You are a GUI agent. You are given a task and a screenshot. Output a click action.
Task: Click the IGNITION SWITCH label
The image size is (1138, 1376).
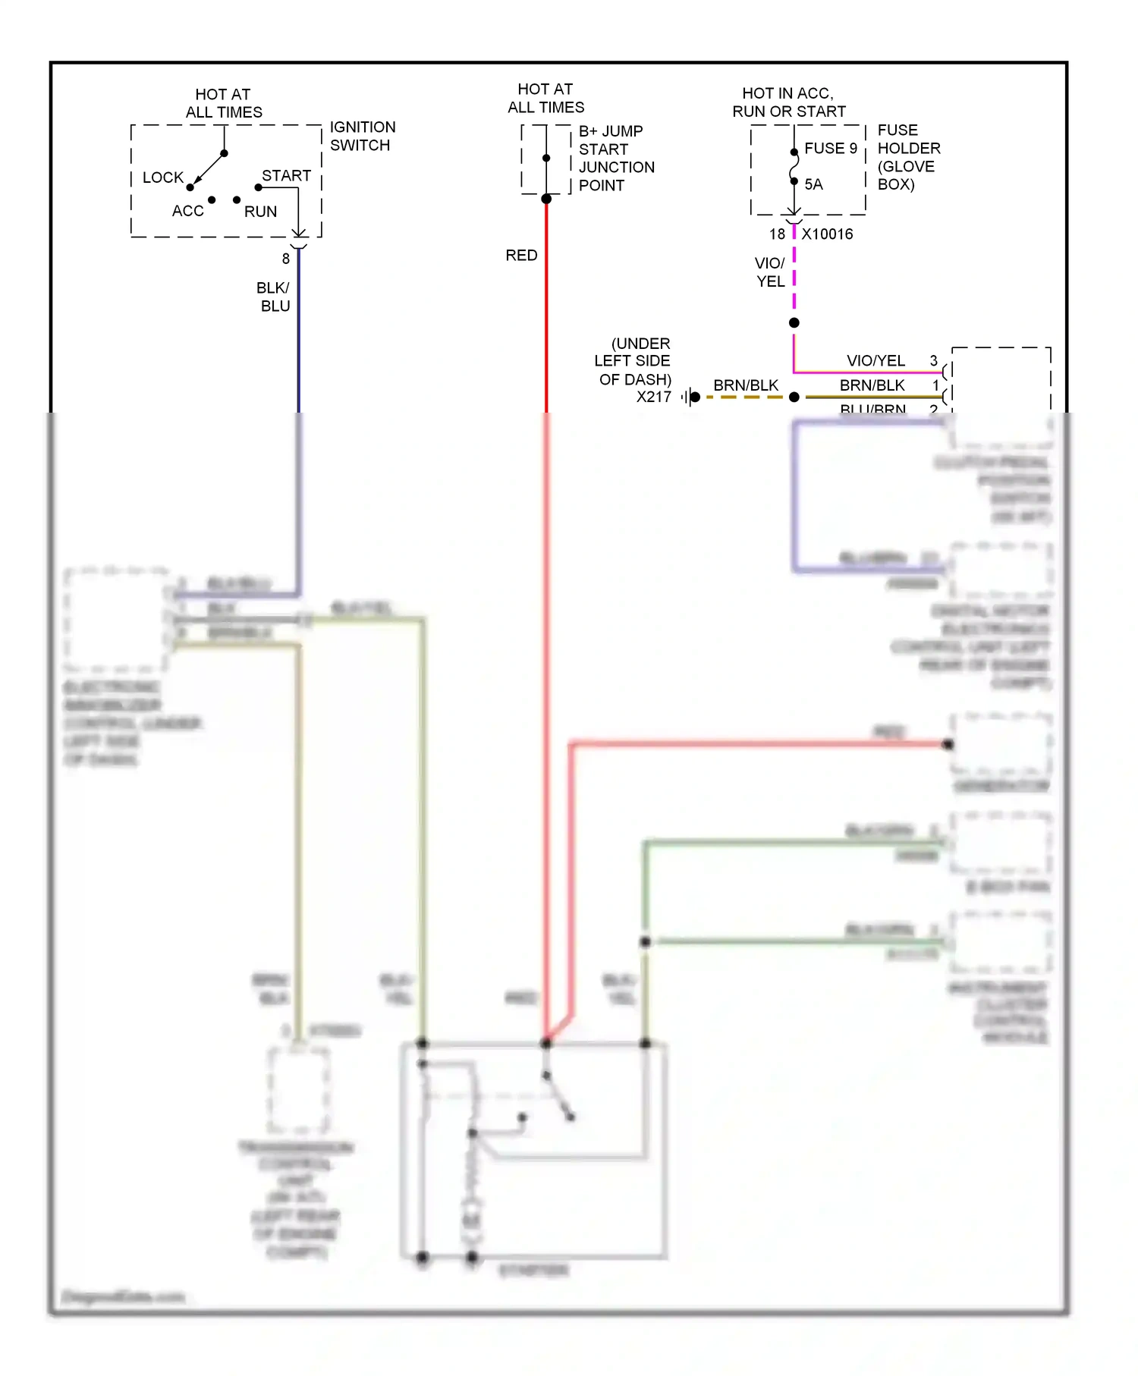pyautogui.click(x=362, y=136)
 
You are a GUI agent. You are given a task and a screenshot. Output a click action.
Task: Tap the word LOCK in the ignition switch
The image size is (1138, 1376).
pyautogui.click(x=163, y=177)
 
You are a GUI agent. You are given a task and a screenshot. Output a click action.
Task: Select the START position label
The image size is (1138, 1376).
pyautogui.click(x=286, y=175)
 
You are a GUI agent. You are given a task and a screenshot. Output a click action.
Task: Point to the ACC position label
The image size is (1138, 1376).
pyautogui.click(x=187, y=211)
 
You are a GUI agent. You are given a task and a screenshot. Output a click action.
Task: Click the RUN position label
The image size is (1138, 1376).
pyautogui.click(x=260, y=212)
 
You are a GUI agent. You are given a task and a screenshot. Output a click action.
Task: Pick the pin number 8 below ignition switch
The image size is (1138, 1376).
pyautogui.click(x=285, y=259)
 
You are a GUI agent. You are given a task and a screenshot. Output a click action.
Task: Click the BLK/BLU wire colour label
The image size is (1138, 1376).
pyautogui.click(x=274, y=297)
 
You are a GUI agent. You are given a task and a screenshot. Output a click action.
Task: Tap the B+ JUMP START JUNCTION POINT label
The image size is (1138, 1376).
pyautogui.click(x=615, y=158)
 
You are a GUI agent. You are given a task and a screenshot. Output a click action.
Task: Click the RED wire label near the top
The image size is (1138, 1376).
pyautogui.click(x=521, y=256)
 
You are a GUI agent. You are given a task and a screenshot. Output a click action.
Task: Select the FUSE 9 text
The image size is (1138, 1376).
pyautogui.click(x=830, y=148)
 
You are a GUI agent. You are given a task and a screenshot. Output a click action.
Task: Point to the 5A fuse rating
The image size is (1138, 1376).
pyautogui.click(x=813, y=184)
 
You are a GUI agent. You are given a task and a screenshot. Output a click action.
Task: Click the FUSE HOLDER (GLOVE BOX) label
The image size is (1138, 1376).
pyautogui.click(x=908, y=157)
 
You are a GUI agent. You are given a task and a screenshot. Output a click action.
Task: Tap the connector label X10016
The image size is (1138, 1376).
pyautogui.click(x=827, y=234)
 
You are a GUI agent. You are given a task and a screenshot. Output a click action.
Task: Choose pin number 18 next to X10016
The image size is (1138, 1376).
pyautogui.click(x=777, y=234)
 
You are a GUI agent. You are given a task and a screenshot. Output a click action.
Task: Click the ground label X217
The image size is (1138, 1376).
pyautogui.click(x=653, y=397)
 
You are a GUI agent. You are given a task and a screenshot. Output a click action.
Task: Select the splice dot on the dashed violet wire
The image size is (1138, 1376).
pyautogui.click(x=794, y=323)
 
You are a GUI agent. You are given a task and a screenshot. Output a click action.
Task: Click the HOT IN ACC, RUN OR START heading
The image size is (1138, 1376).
pyautogui.click(x=788, y=102)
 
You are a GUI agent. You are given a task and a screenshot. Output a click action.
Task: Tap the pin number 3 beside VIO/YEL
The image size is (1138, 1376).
pyautogui.click(x=933, y=360)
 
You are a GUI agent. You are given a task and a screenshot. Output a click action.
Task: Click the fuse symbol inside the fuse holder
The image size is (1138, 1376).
pyautogui.click(x=794, y=167)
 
